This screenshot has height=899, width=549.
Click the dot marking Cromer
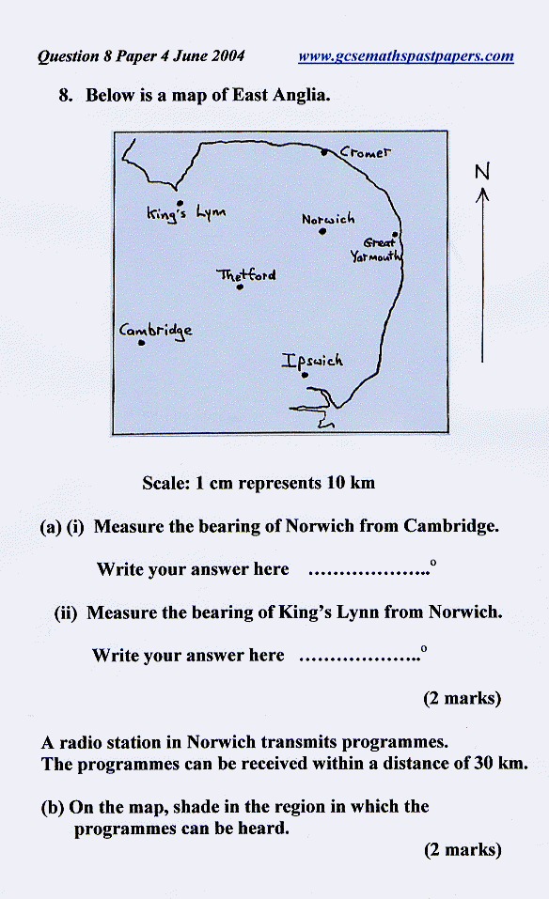324,152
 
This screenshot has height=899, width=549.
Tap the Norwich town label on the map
328,219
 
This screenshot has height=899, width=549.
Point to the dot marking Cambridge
141,343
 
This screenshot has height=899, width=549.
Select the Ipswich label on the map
312,362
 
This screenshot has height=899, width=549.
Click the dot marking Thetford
240,287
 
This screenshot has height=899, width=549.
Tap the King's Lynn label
186,212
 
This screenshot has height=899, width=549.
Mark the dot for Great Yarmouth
395,235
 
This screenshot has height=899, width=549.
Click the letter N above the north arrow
482,171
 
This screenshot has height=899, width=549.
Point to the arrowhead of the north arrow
482,195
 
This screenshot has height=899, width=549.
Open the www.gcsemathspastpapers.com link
405,56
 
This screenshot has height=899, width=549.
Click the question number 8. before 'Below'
66,95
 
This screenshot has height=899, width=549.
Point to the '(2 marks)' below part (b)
463,850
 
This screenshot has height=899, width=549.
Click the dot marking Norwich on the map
322,232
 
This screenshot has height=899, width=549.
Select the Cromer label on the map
366,152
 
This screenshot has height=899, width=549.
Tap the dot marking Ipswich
306,376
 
